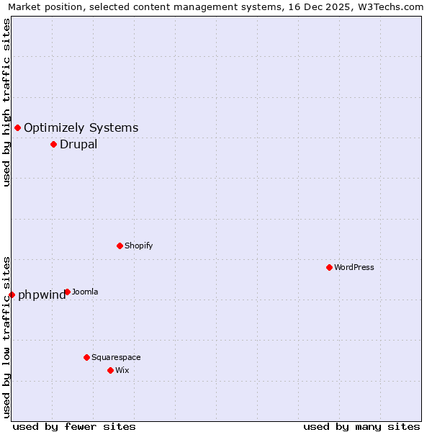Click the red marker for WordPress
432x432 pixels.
[329, 267]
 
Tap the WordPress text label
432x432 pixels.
[354, 267]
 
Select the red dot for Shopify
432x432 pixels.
[120, 246]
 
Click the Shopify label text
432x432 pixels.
[139, 246]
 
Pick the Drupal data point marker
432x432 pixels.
[53, 144]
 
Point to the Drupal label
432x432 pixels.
[78, 144]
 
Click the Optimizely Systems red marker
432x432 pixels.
[17, 127]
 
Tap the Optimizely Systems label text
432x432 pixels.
[81, 128]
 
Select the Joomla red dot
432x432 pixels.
[67, 292]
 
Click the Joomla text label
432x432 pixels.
[85, 292]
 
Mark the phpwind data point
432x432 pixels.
[12, 294]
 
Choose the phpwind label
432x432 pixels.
[42, 295]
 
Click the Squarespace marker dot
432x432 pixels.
[86, 357]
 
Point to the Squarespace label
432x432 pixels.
[116, 357]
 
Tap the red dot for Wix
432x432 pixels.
[110, 370]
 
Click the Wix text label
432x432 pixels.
[122, 370]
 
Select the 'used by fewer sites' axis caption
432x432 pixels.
[74, 426]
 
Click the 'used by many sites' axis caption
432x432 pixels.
[361, 426]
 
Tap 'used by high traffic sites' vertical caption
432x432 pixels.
[6, 102]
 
